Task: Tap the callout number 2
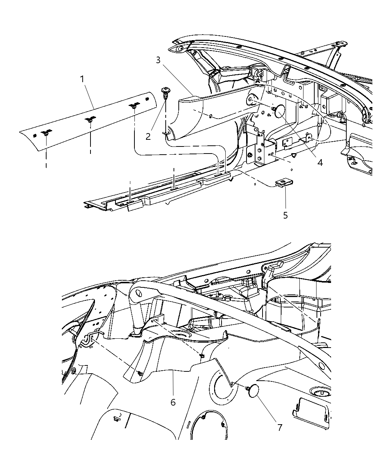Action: tap(148, 136)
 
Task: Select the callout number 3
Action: tap(158, 60)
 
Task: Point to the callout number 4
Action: tap(320, 162)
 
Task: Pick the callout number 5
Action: tap(285, 215)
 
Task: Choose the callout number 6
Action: tap(172, 402)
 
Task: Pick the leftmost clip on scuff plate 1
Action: tap(46, 133)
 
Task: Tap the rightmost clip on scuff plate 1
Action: tap(133, 107)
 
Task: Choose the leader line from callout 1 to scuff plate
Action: tap(89, 96)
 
